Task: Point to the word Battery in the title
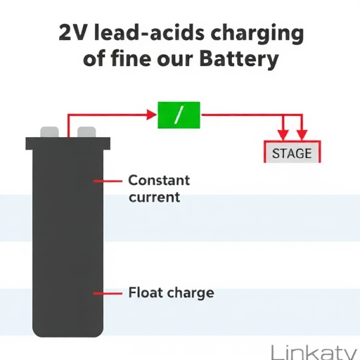point(239,59)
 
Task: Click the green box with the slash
point(179,115)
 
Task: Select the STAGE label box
point(292,152)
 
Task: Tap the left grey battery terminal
point(49,132)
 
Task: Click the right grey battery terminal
point(86,132)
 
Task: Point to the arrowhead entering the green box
point(151,115)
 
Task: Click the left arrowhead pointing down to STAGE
point(283,135)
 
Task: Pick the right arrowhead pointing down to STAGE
point(302,135)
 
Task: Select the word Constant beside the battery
point(159,180)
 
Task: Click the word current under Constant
point(155,197)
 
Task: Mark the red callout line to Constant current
point(108,181)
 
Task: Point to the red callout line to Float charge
point(108,293)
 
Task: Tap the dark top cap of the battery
point(67,143)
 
